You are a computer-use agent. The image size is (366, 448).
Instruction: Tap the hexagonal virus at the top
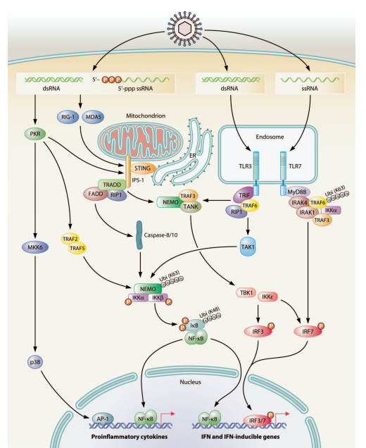point(184,29)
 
